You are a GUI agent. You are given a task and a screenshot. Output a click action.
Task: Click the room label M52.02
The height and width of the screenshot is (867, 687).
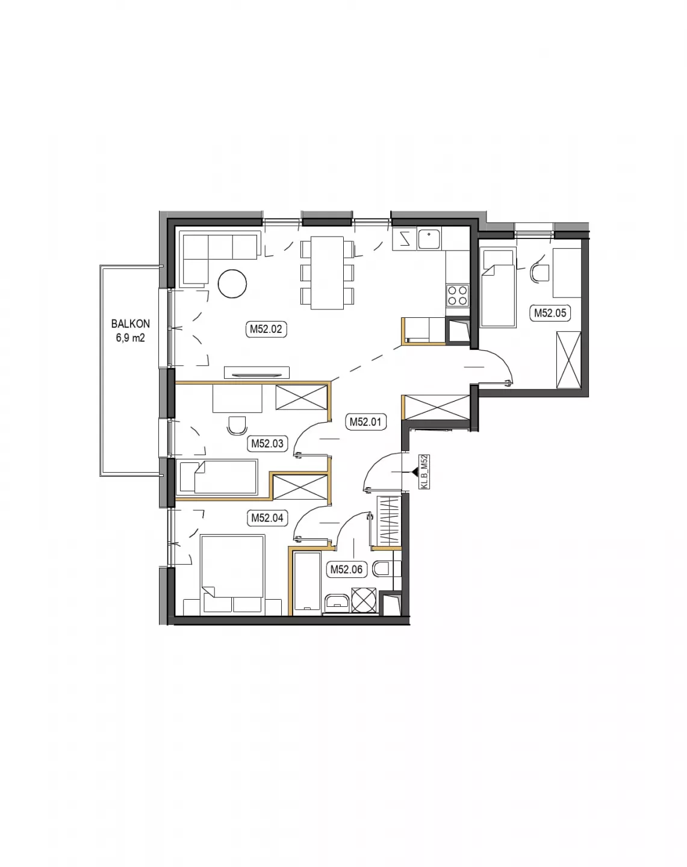coord(266,329)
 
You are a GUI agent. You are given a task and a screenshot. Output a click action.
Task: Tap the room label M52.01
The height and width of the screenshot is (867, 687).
coord(365,422)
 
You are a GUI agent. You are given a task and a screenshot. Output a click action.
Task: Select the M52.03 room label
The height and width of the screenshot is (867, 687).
coord(267,444)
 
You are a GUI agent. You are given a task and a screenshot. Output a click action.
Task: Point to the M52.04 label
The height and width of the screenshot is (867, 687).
coord(267,518)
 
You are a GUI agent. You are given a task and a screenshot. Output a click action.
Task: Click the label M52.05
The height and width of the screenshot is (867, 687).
coord(550,313)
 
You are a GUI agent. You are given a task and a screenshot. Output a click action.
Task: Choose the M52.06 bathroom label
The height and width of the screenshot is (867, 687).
coord(346,570)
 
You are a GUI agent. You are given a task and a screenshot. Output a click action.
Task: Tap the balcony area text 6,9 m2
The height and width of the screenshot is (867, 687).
coord(130,338)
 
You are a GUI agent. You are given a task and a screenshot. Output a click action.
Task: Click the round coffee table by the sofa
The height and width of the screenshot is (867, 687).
coord(232,284)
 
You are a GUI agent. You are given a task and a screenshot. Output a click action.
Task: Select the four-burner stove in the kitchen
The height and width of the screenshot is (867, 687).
coord(458,295)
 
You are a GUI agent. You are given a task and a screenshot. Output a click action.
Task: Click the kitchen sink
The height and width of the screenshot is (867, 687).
coord(429,238)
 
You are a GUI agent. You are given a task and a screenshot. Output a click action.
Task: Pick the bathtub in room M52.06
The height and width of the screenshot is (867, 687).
coord(307,583)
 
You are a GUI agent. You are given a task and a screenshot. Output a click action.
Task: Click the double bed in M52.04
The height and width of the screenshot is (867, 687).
coord(232,574)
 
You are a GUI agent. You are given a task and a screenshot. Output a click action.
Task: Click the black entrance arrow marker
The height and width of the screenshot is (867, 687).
coord(414,472)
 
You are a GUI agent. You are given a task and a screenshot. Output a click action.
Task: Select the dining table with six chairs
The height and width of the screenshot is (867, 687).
coord(327,273)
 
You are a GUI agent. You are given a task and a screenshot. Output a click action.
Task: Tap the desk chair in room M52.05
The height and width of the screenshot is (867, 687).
coord(539,272)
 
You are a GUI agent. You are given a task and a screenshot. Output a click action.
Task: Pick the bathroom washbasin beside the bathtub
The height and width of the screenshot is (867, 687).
coord(337,601)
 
